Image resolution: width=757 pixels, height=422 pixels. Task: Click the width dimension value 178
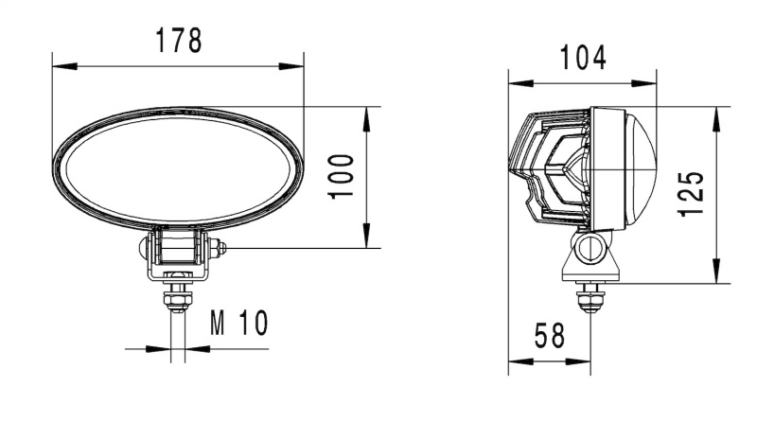[x=178, y=41]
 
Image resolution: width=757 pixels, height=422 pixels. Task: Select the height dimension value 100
[x=342, y=176]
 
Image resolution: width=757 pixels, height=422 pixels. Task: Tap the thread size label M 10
[x=238, y=325]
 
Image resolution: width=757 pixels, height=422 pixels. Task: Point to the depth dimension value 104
[x=582, y=59]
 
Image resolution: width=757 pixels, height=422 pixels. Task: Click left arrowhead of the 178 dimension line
[x=59, y=66]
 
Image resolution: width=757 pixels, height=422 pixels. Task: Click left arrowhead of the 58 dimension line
[x=516, y=360]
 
